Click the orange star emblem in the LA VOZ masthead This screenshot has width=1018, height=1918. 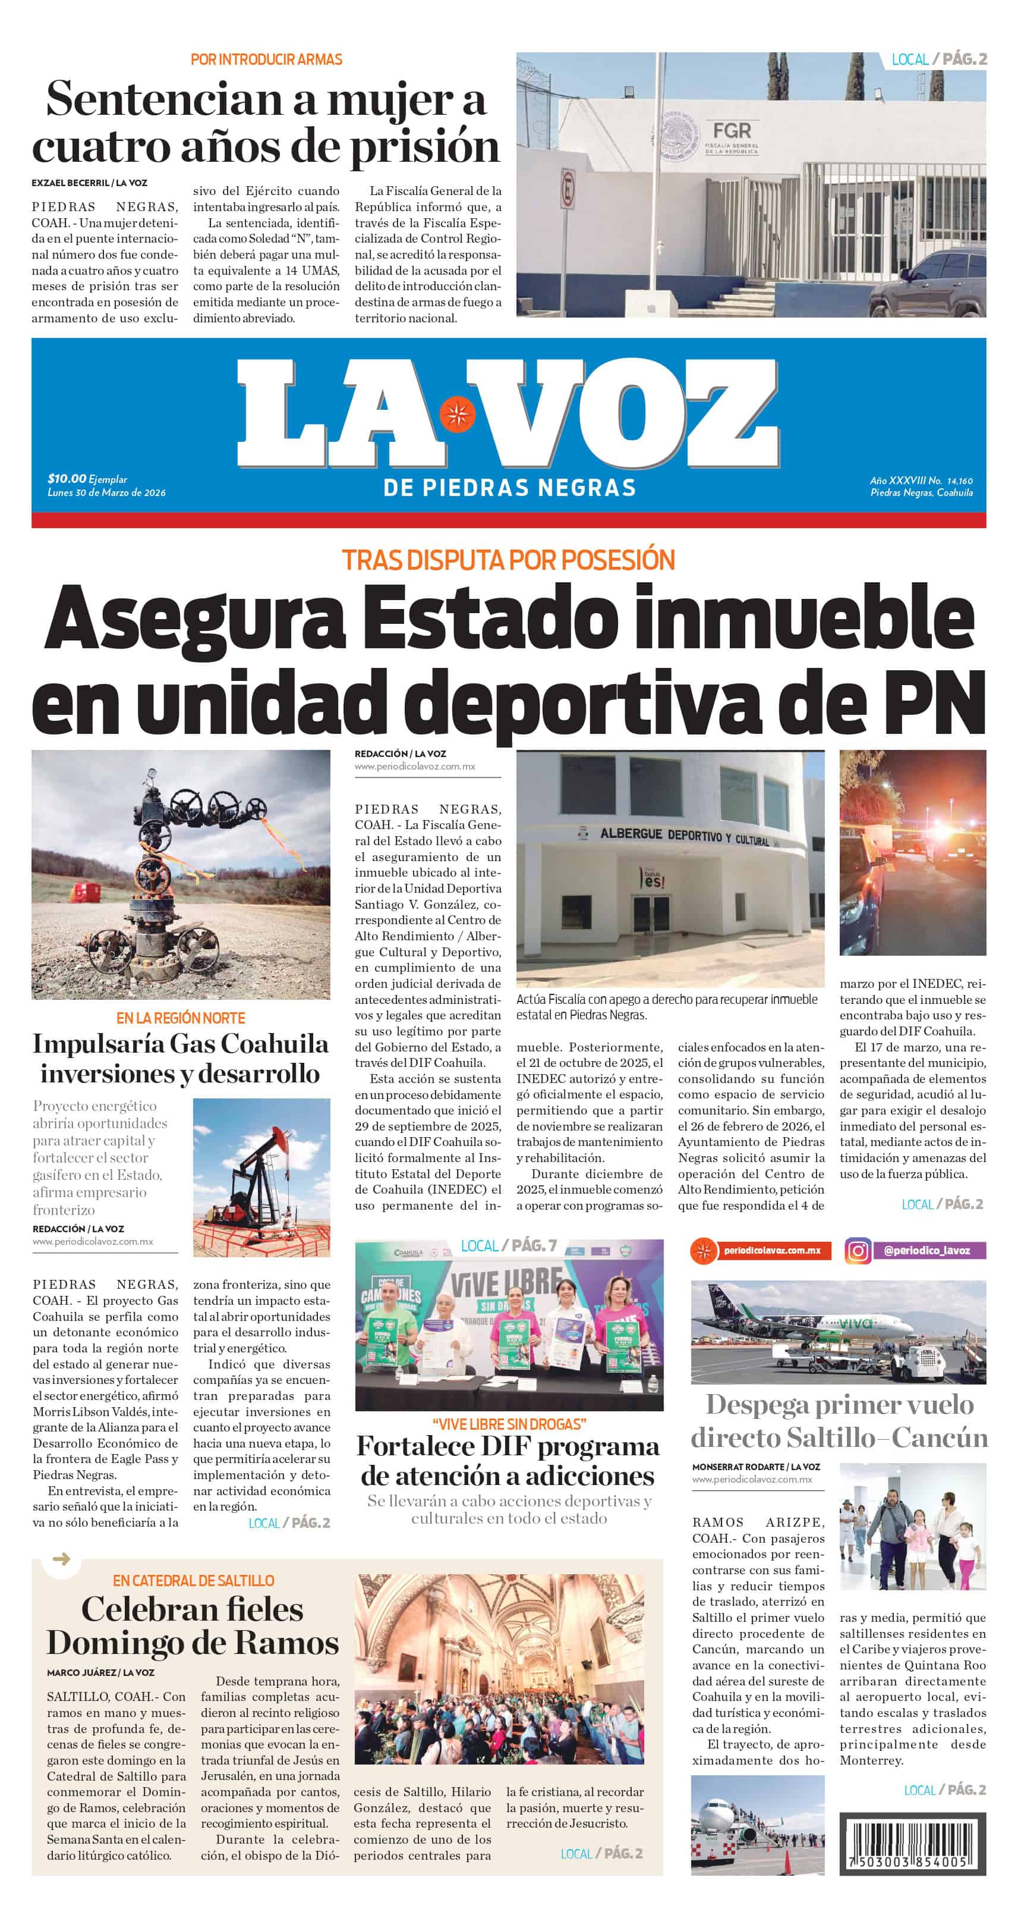pyautogui.click(x=456, y=414)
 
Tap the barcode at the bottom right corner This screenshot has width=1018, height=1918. pyautogui.click(x=912, y=1844)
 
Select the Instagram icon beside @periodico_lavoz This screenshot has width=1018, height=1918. pyautogui.click(x=858, y=1251)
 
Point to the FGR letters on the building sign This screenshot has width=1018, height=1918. pyautogui.click(x=732, y=131)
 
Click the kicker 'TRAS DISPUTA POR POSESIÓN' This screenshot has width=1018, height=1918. pyautogui.click(x=508, y=560)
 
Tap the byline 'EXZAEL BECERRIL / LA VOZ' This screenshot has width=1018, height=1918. pyautogui.click(x=89, y=183)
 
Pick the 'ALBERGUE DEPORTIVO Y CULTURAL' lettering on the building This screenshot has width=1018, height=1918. pyautogui.click(x=685, y=836)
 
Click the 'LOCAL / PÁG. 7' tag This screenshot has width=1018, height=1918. pyautogui.click(x=508, y=1245)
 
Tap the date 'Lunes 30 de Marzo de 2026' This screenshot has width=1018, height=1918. pyautogui.click(x=106, y=492)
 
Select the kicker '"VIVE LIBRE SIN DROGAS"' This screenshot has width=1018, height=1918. pyautogui.click(x=509, y=1424)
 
